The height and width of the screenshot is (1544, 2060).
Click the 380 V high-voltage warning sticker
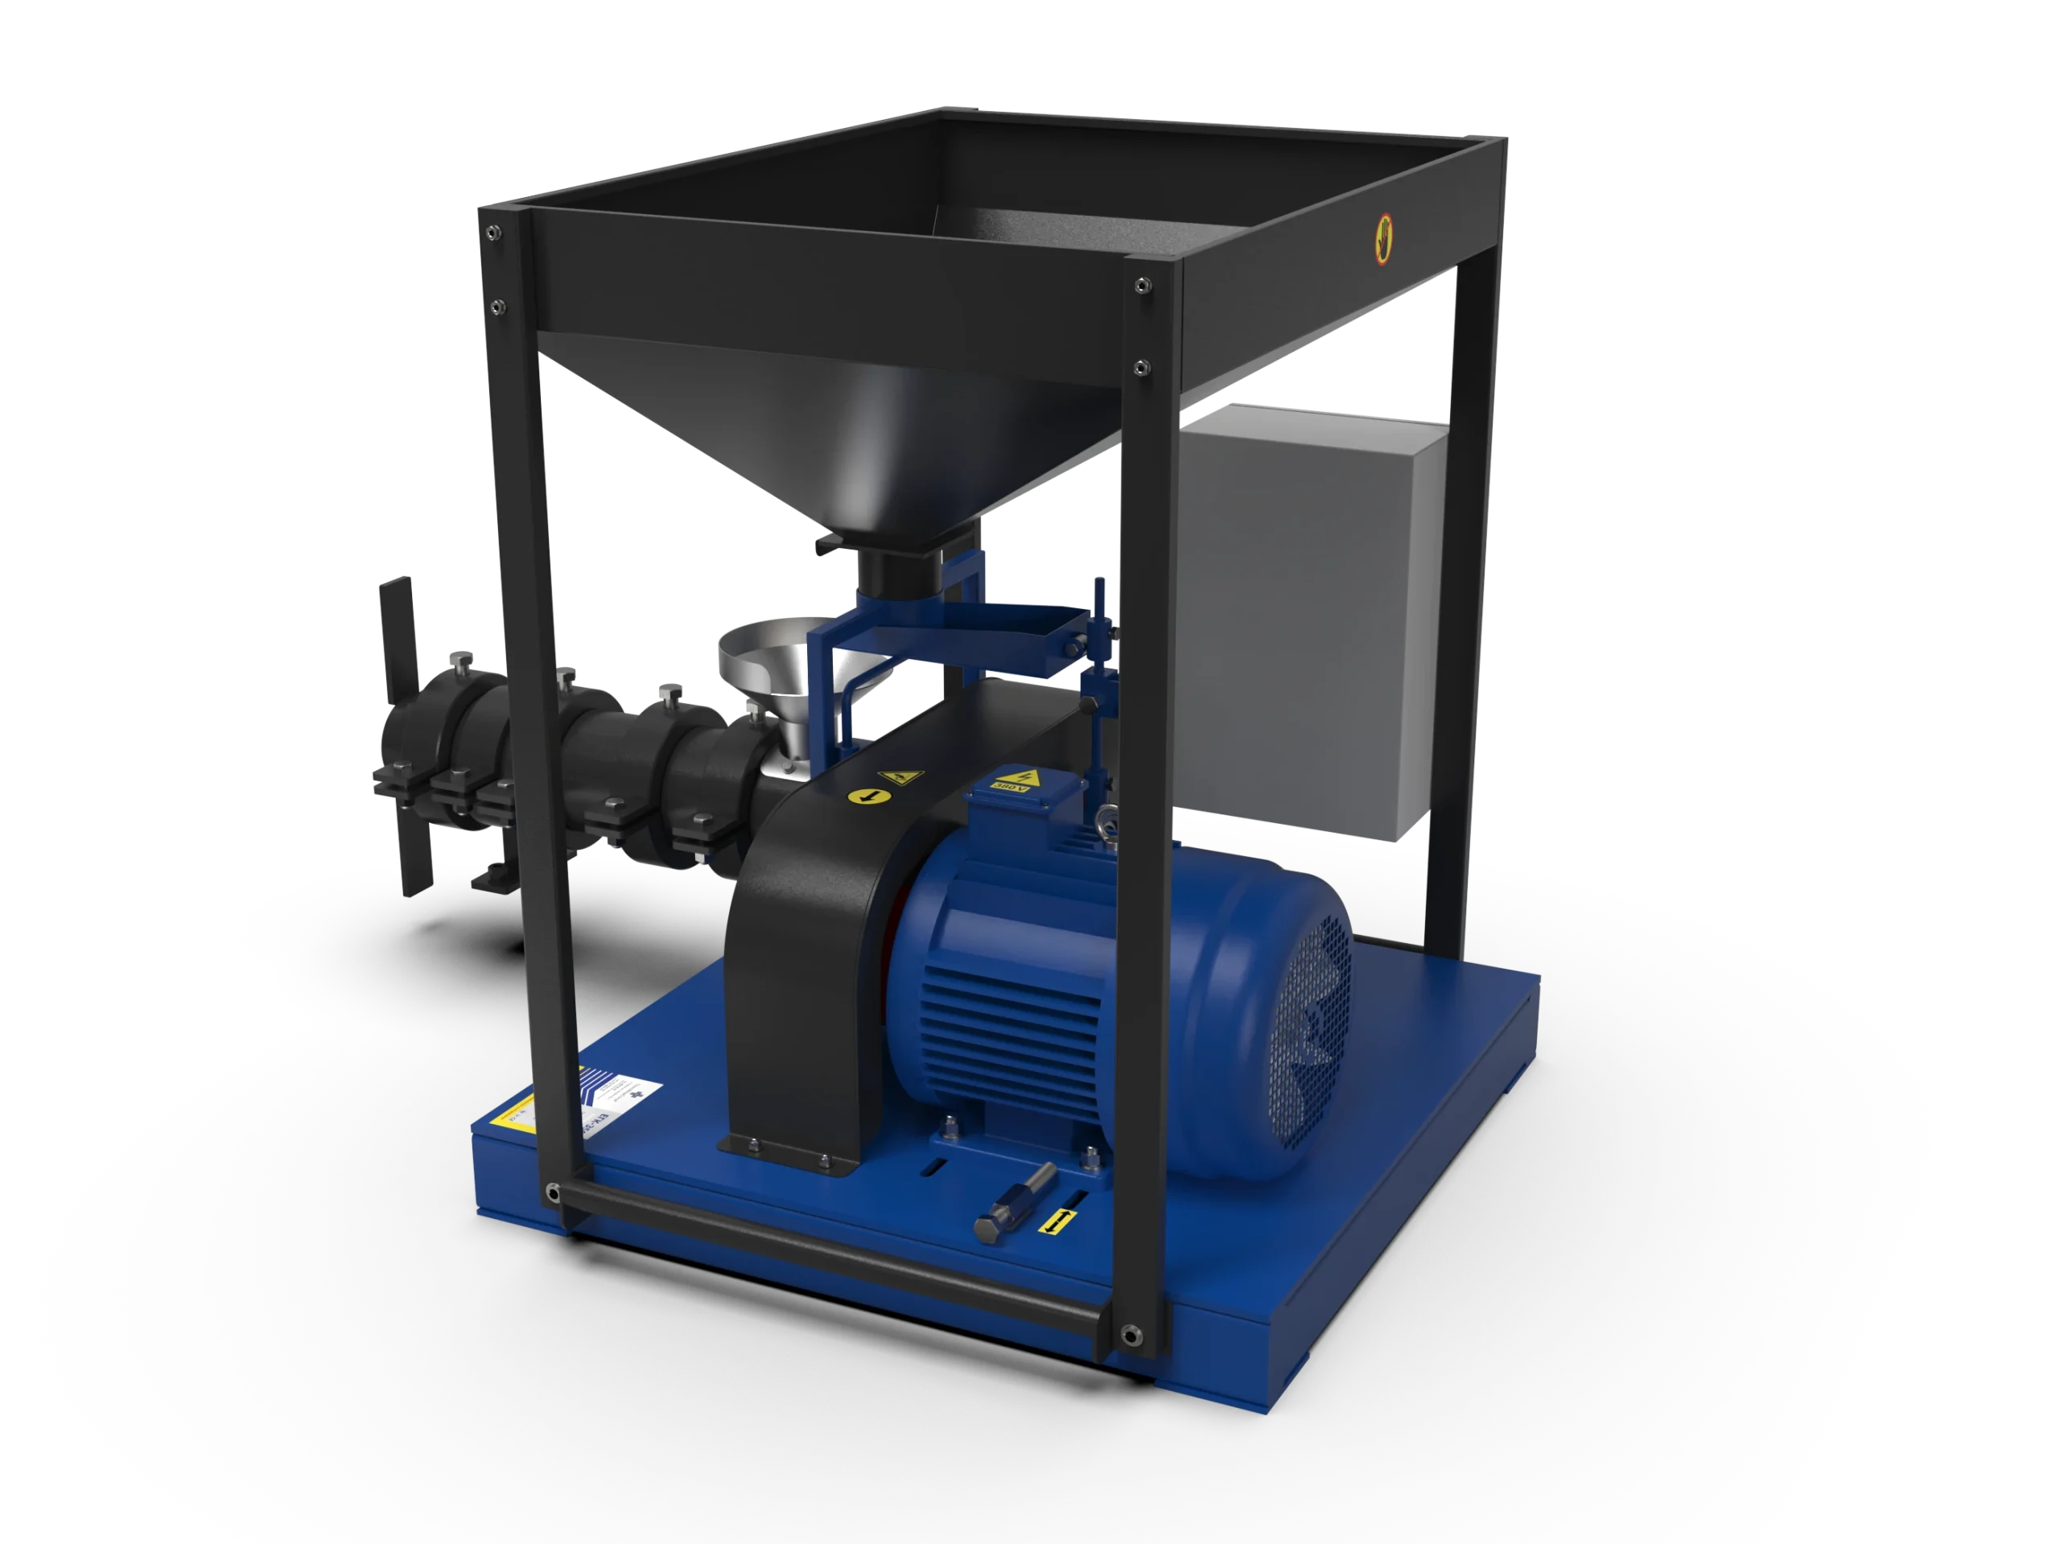[x=1024, y=780]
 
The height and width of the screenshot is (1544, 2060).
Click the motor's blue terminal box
[x=1020, y=801]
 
